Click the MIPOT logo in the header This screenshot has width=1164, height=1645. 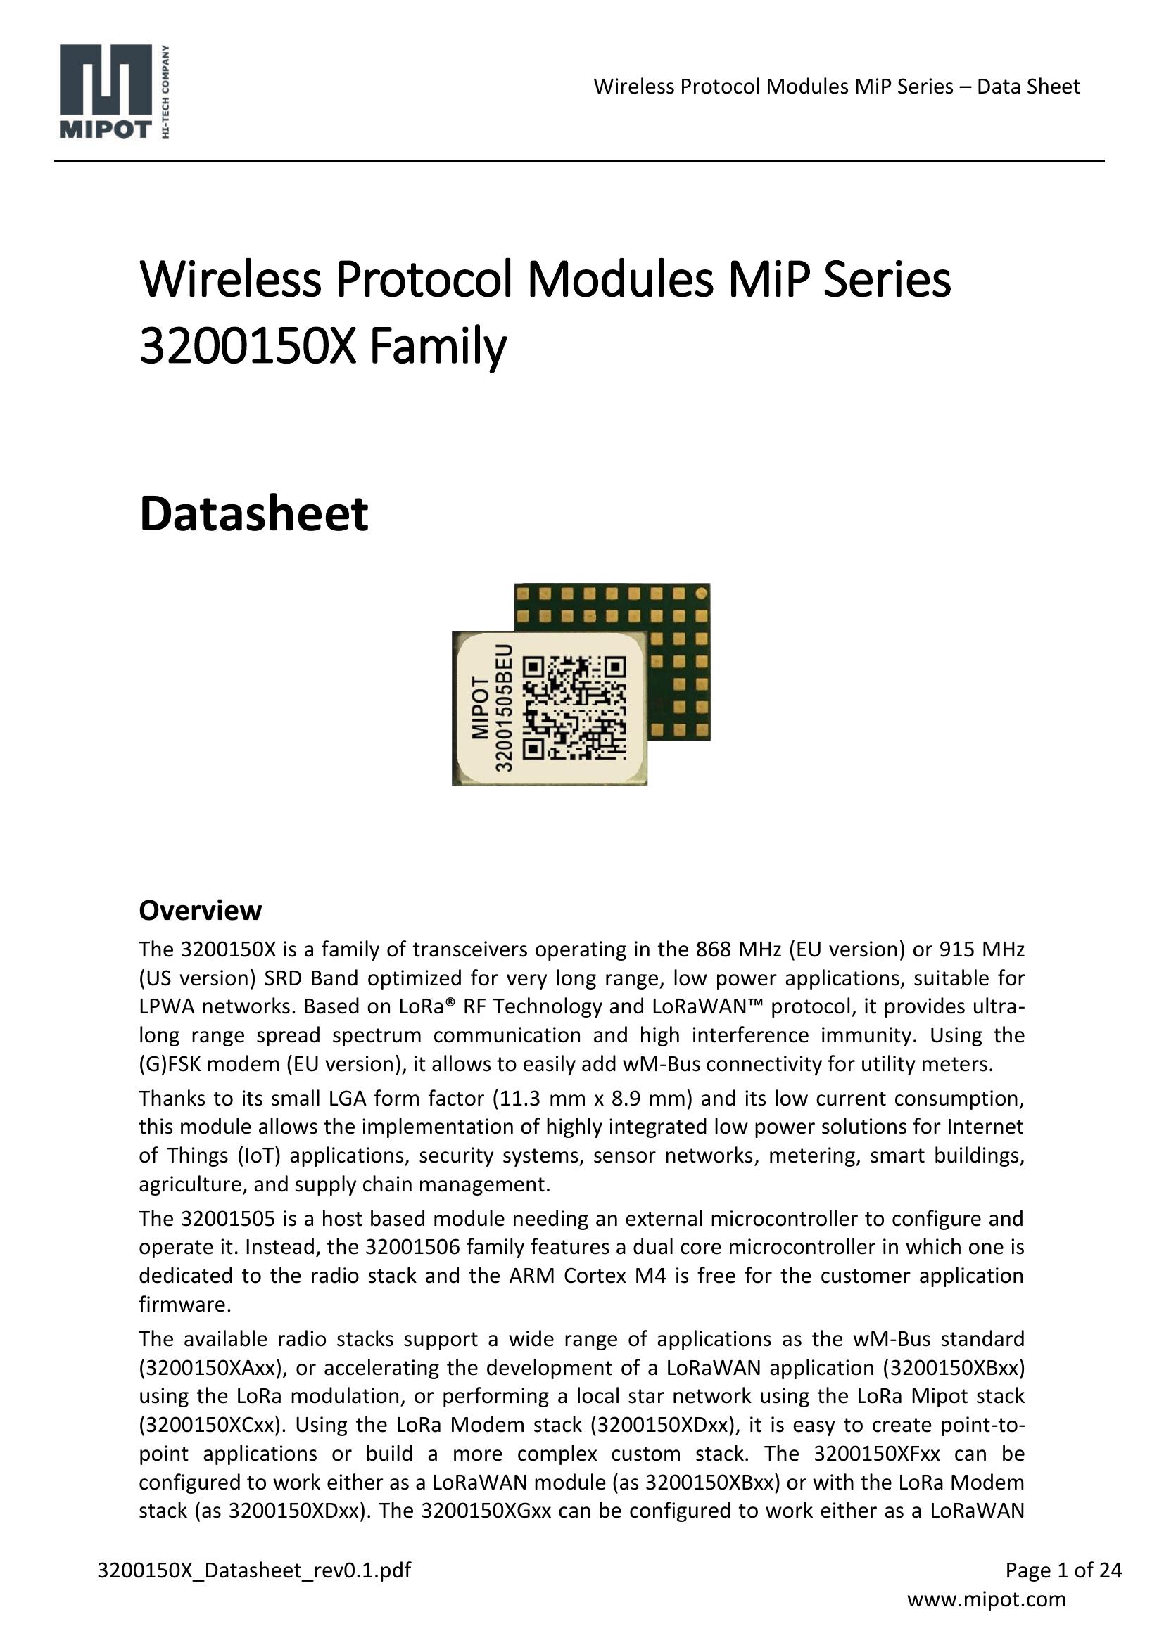click(x=106, y=90)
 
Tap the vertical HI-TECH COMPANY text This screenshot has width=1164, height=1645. click(x=166, y=91)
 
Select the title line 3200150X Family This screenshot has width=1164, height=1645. click(x=322, y=346)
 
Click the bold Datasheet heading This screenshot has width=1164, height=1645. click(x=254, y=514)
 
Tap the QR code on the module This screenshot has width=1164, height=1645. click(x=574, y=707)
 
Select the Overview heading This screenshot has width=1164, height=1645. click(x=200, y=911)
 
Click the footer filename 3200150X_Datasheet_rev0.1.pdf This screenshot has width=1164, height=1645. click(x=255, y=1570)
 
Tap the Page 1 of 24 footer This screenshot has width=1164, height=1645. click(x=1063, y=1570)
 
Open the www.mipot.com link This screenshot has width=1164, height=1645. click(x=986, y=1599)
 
